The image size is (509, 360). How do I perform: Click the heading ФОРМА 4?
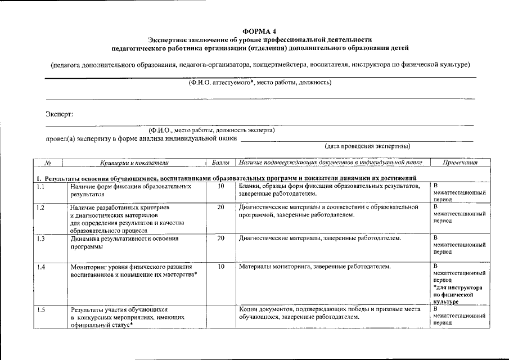point(259,31)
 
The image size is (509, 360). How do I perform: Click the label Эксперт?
point(59,114)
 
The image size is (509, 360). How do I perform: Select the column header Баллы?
point(220,163)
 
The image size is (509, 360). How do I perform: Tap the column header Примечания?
point(460,163)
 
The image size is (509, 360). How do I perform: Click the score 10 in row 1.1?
point(220,186)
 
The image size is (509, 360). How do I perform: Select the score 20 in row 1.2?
point(220,208)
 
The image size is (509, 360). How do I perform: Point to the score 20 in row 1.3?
point(220,238)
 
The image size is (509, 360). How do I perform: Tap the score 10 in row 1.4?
point(220,266)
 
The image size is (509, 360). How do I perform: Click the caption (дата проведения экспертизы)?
point(367,146)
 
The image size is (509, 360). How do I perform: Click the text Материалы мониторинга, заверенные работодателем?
point(314,266)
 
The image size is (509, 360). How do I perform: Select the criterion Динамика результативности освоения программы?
point(124,242)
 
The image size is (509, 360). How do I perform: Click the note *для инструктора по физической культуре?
point(460,294)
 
